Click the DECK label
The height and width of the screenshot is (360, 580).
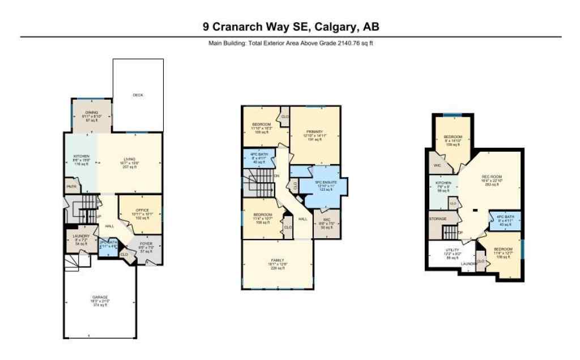pos(138,95)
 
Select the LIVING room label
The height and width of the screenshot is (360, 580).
pos(130,160)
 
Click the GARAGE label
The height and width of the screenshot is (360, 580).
pos(100,297)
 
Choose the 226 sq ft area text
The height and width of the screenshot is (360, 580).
pos(278,268)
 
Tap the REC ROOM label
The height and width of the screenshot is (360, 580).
pos(489,177)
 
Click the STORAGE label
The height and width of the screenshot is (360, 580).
pos(437,218)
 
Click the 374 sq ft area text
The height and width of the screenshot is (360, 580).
pos(100,305)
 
